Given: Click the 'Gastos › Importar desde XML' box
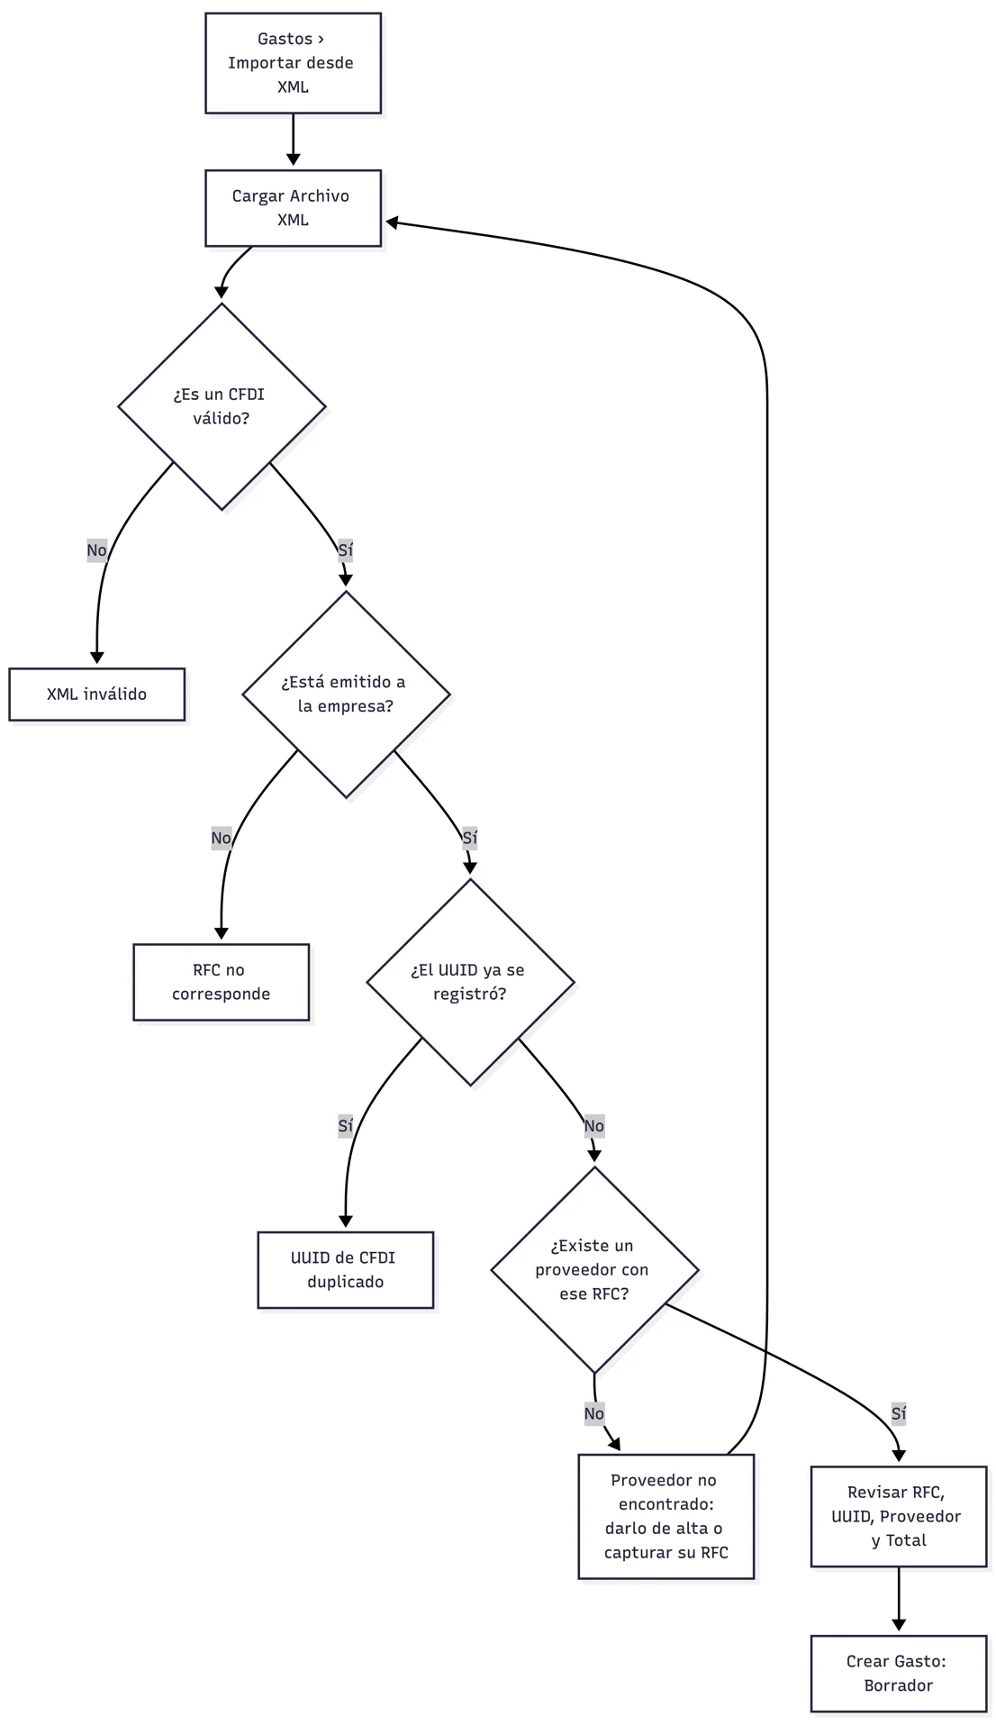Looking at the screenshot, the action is pyautogui.click(x=293, y=63).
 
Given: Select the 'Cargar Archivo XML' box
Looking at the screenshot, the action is pyautogui.click(x=293, y=208).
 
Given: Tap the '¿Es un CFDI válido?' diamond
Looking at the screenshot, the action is pyautogui.click(x=222, y=406).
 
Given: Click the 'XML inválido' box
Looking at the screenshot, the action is pyautogui.click(x=97, y=695).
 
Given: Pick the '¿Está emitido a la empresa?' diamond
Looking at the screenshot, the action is pyautogui.click(x=346, y=695).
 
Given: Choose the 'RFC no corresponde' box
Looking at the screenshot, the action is pyautogui.click(x=222, y=982).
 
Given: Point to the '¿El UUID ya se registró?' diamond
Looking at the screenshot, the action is pyautogui.click(x=470, y=982).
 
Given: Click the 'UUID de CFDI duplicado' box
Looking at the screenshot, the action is pyautogui.click(x=346, y=1270).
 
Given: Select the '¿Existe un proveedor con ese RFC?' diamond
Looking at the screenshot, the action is pyautogui.click(x=594, y=1270).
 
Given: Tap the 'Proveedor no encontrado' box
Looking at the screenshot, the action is pyautogui.click(x=666, y=1516).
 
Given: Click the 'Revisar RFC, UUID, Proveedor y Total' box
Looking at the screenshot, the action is pyautogui.click(x=899, y=1517).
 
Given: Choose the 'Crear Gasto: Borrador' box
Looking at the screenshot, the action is pyautogui.click(x=899, y=1674).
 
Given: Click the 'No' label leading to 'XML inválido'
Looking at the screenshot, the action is pyautogui.click(x=97, y=550).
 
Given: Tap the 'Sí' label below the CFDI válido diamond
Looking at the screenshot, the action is pyautogui.click(x=346, y=550).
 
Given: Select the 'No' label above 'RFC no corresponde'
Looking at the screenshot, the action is pyautogui.click(x=222, y=839).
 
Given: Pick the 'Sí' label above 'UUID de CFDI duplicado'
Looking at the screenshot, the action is pyautogui.click(x=346, y=1126).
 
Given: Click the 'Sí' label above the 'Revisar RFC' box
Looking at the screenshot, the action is pyautogui.click(x=899, y=1414).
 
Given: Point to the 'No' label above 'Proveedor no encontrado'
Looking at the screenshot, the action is pyautogui.click(x=594, y=1414).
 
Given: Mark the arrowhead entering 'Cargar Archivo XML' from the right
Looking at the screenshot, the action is pyautogui.click(x=393, y=222).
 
